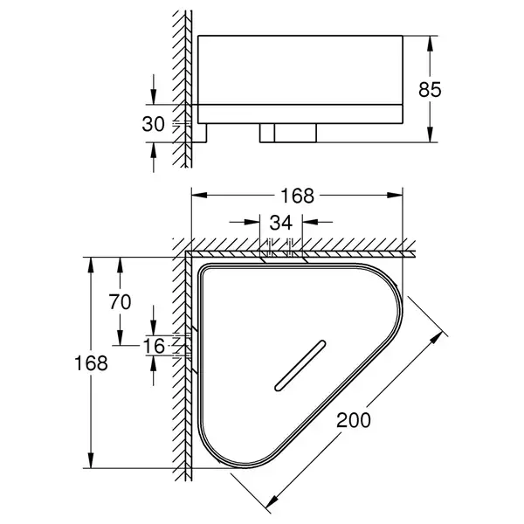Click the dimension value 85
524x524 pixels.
tap(430, 90)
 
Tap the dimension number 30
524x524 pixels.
tap(154, 124)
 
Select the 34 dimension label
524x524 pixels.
tap(281, 223)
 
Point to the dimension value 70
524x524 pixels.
tap(120, 302)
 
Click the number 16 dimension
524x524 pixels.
tap(154, 346)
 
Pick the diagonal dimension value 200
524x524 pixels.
tap(353, 420)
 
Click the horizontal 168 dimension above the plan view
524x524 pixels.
tap(298, 196)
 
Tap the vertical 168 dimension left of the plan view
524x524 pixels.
tap(91, 363)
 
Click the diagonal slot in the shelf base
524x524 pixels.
tap(300, 366)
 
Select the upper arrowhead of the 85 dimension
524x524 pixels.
tap(431, 44)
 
